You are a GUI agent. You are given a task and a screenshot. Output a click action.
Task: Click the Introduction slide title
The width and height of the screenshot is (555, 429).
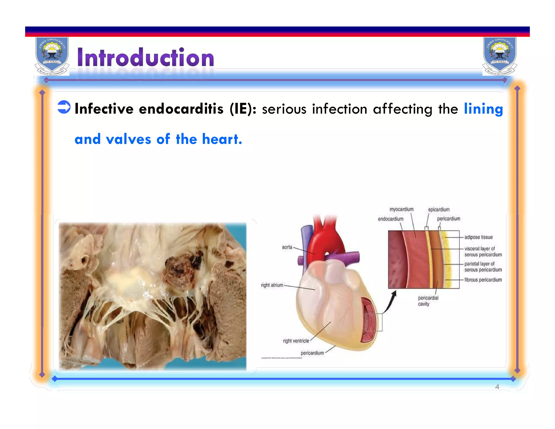pyautogui.click(x=146, y=57)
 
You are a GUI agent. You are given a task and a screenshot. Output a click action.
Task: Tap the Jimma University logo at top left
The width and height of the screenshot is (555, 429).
pyautogui.click(x=52, y=56)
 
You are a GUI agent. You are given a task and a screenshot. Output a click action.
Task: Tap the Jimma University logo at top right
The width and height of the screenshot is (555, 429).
pyautogui.click(x=500, y=56)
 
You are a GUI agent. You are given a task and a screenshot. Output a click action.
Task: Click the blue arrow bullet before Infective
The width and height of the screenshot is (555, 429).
pyautogui.click(x=64, y=107)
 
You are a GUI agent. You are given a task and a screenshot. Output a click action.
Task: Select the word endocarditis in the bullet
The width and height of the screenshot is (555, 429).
pyautogui.click(x=181, y=109)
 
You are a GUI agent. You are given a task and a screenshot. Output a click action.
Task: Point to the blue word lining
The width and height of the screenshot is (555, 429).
pyautogui.click(x=483, y=109)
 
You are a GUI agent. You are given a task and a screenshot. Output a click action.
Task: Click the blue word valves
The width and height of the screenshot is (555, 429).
pyautogui.click(x=128, y=139)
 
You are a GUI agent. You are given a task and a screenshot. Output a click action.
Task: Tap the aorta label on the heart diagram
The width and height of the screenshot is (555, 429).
pyautogui.click(x=287, y=247)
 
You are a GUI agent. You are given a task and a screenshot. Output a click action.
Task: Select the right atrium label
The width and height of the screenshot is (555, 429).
pyautogui.click(x=272, y=285)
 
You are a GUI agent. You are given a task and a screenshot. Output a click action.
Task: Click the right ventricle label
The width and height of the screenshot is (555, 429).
pyautogui.click(x=296, y=341)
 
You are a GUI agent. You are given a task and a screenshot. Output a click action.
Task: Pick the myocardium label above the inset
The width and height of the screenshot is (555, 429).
pyautogui.click(x=401, y=209)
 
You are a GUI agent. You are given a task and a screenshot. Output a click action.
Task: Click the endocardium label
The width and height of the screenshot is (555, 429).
pyautogui.click(x=391, y=219)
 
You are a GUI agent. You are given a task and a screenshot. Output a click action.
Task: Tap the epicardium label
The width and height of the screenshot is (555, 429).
pyautogui.click(x=438, y=209)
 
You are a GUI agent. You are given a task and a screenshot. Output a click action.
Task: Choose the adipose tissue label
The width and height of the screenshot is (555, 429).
pyautogui.click(x=478, y=237)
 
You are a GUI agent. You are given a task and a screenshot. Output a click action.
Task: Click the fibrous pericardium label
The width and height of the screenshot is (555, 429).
pyautogui.click(x=483, y=280)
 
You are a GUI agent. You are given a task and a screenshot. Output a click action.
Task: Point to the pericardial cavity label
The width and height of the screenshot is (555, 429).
pyautogui.click(x=428, y=301)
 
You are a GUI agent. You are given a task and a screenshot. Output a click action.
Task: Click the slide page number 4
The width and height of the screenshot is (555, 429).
pyautogui.click(x=497, y=387)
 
